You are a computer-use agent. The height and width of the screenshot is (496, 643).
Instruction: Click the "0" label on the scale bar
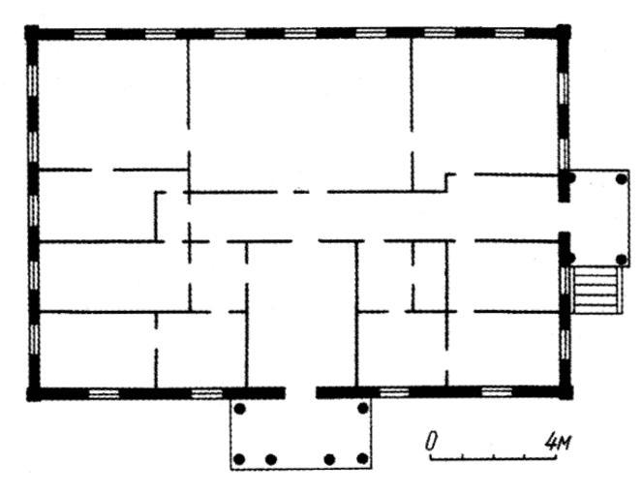431,441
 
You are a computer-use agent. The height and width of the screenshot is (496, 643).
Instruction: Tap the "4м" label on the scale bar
557,442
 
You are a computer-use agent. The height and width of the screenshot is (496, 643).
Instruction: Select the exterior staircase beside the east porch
597,290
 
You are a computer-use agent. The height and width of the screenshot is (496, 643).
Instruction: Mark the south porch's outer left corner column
239,459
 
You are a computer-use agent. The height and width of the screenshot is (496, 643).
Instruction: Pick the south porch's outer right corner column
362,458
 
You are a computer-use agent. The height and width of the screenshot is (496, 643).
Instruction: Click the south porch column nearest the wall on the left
240,409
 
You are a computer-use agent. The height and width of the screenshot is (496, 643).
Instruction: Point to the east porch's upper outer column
622,179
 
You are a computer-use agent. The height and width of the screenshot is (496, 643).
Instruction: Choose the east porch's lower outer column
622,260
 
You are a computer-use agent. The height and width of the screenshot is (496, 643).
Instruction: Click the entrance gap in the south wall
300,392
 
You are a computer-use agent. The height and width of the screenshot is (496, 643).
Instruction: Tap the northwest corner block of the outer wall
32,32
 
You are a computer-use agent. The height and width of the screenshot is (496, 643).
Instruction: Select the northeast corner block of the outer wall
564,32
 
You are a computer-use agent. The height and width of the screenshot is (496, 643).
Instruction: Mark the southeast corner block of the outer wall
566,391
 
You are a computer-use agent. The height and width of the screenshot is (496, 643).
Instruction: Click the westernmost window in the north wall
90,34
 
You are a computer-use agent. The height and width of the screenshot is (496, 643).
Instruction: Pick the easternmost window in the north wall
509,33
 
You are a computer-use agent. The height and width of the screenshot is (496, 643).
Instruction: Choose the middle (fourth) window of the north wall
300,33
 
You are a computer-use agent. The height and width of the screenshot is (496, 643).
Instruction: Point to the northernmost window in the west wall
32,80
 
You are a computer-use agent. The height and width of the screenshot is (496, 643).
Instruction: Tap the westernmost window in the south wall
104,394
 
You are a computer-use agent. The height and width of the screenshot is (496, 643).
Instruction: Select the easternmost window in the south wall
497,391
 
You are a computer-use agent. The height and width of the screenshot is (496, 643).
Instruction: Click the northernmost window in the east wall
564,88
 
